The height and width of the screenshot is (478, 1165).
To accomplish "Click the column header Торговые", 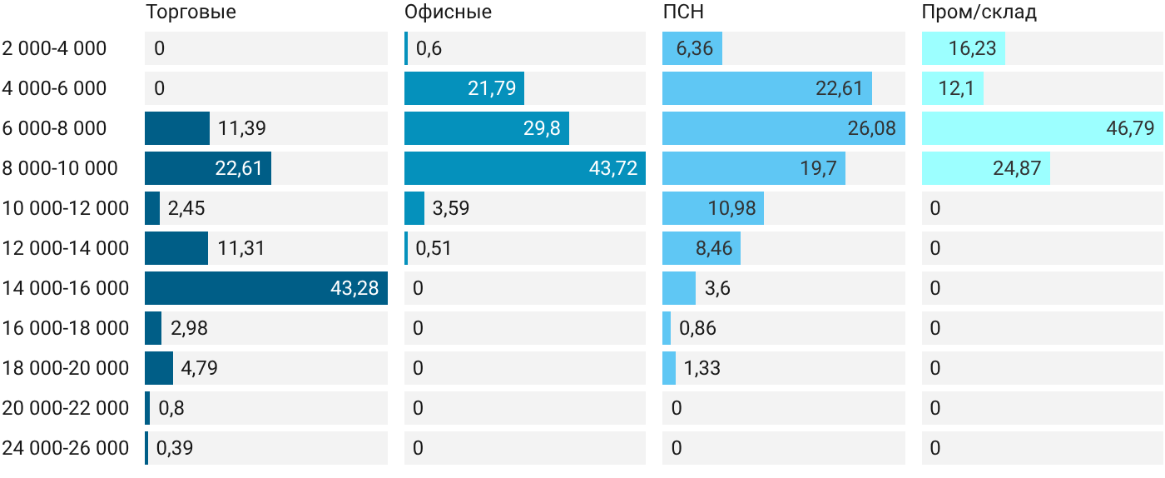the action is point(191,12).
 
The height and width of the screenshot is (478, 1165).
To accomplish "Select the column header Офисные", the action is point(448,12).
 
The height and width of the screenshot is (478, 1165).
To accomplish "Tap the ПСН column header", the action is point(683,12).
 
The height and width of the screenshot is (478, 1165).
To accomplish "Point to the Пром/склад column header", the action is point(979,12).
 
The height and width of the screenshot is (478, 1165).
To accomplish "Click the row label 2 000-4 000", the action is point(54,48).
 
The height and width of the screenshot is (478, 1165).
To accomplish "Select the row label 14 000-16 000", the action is point(66,288).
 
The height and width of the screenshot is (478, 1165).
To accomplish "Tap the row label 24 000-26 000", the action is point(66,448).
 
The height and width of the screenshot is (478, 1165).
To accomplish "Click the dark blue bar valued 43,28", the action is point(266,288).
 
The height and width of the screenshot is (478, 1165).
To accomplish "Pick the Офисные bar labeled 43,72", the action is point(525,168).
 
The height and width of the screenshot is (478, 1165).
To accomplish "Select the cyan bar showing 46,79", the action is point(1042,128).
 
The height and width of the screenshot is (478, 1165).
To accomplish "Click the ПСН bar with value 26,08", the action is point(784,128).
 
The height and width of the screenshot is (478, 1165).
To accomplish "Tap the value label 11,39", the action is point(242,128).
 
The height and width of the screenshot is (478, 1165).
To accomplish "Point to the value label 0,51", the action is point(434,248).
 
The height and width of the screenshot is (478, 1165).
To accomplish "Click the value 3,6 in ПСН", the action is point(717,288).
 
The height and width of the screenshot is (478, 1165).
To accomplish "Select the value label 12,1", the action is point(956,88).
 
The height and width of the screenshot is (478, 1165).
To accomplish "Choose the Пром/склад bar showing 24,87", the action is point(986,168).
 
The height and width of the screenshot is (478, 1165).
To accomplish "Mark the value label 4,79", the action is point(199,368).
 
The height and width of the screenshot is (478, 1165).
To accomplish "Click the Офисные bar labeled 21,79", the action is point(464,88).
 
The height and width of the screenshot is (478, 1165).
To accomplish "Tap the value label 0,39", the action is point(175,448).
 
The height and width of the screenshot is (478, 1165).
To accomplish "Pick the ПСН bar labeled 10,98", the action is point(713,208).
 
